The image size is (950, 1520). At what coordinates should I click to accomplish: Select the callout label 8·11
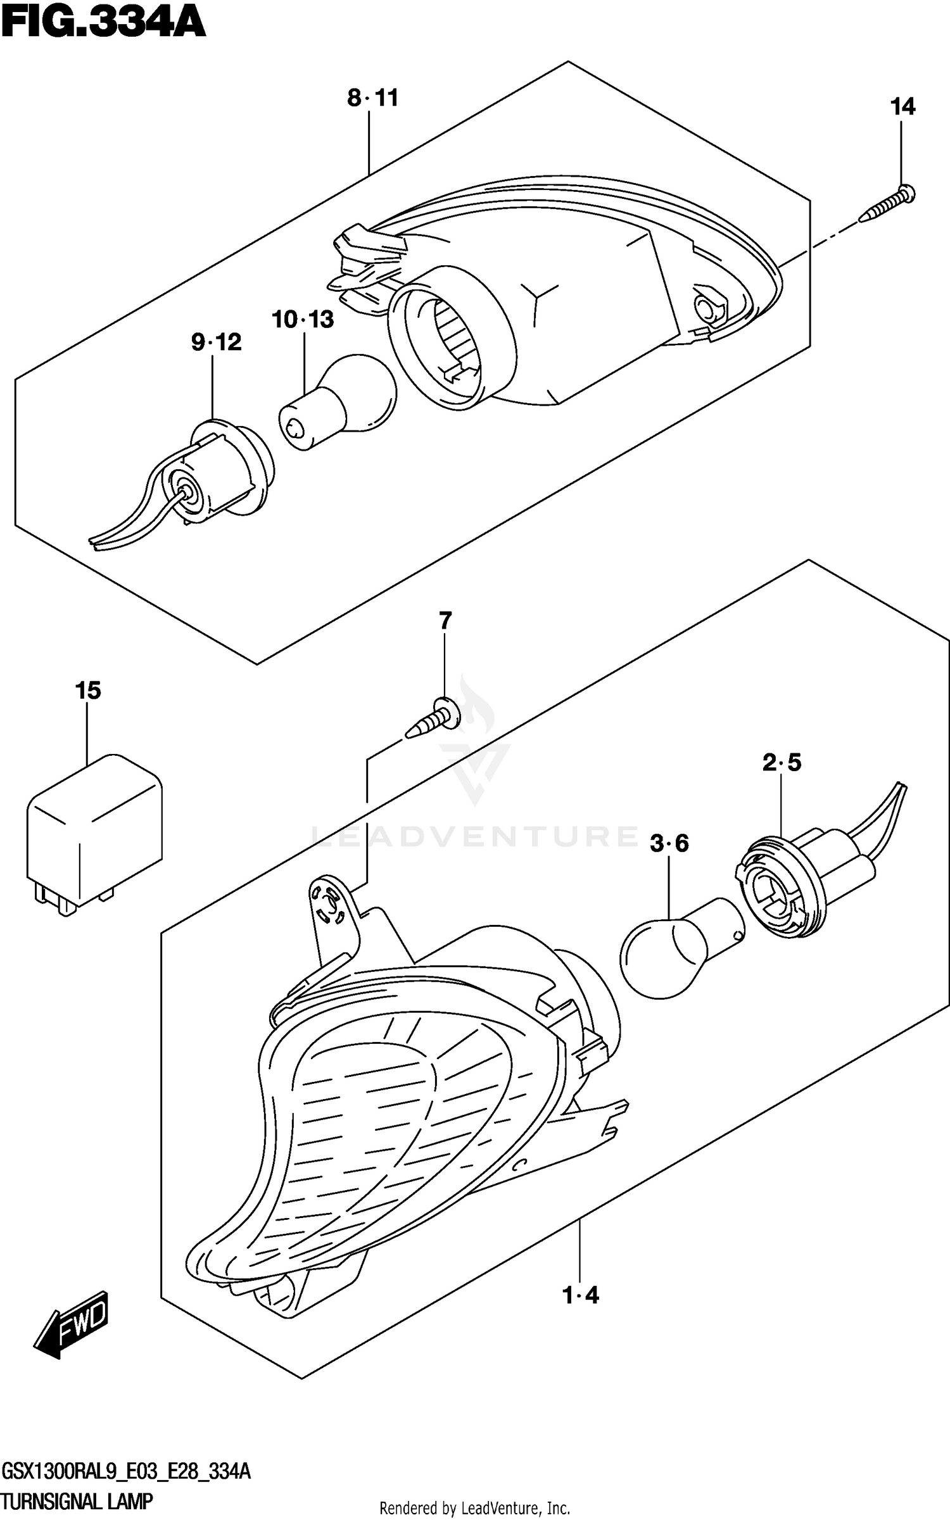click(372, 98)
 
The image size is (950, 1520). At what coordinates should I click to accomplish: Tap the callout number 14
click(902, 107)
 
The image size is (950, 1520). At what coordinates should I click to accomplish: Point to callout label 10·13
click(303, 320)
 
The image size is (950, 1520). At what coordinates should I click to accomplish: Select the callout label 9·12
click(217, 342)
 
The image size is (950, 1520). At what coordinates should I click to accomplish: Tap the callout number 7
click(445, 621)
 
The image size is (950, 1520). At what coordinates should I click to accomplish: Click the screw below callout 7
click(433, 720)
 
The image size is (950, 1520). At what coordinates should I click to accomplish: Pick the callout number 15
click(88, 691)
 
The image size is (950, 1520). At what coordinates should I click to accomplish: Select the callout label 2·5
click(782, 763)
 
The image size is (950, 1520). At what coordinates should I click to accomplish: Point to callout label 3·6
click(669, 843)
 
